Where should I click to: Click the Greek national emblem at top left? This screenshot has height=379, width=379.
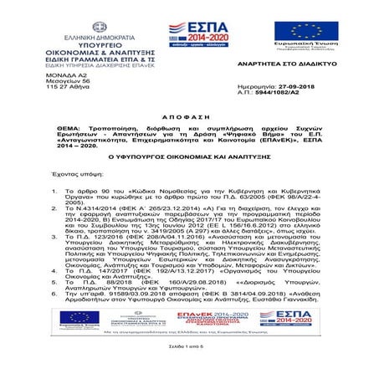coord(81,23)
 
